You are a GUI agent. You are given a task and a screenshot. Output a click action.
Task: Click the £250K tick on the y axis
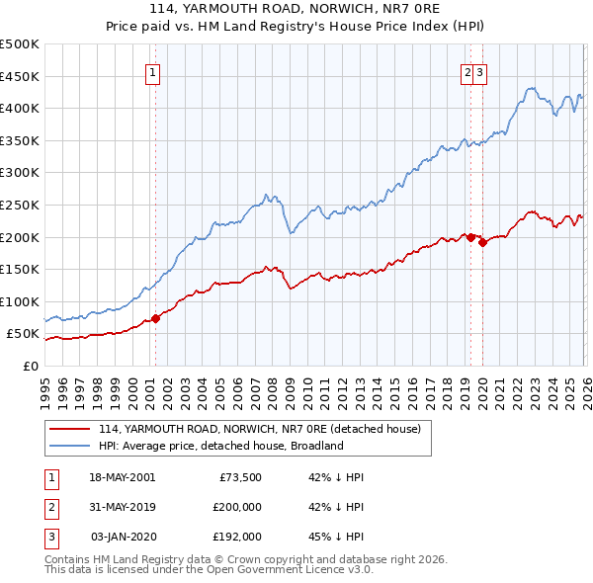pyautogui.click(x=19, y=205)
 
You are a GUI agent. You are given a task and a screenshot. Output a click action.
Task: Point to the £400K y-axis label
pyautogui.click(x=19, y=109)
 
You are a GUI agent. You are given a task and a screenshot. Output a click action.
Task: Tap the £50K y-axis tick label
pyautogui.click(x=23, y=334)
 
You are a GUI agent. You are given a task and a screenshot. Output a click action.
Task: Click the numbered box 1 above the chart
pyautogui.click(x=154, y=71)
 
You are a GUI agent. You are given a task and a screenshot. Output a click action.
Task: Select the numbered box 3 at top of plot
pyautogui.click(x=479, y=71)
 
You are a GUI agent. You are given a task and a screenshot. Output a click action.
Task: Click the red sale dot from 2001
pyautogui.click(x=155, y=318)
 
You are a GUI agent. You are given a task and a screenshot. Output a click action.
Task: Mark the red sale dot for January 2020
pyautogui.click(x=481, y=242)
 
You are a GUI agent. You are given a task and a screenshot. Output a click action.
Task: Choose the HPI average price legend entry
pyautogui.click(x=219, y=446)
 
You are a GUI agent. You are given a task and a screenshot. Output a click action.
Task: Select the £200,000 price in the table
pyautogui.click(x=237, y=507)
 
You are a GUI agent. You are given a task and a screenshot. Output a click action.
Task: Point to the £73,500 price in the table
pyautogui.click(x=240, y=477)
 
